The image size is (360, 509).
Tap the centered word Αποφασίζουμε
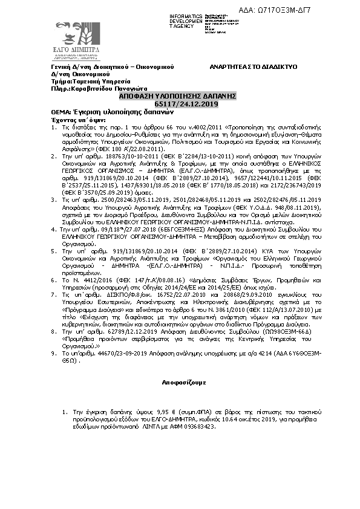(x=180, y=383)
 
